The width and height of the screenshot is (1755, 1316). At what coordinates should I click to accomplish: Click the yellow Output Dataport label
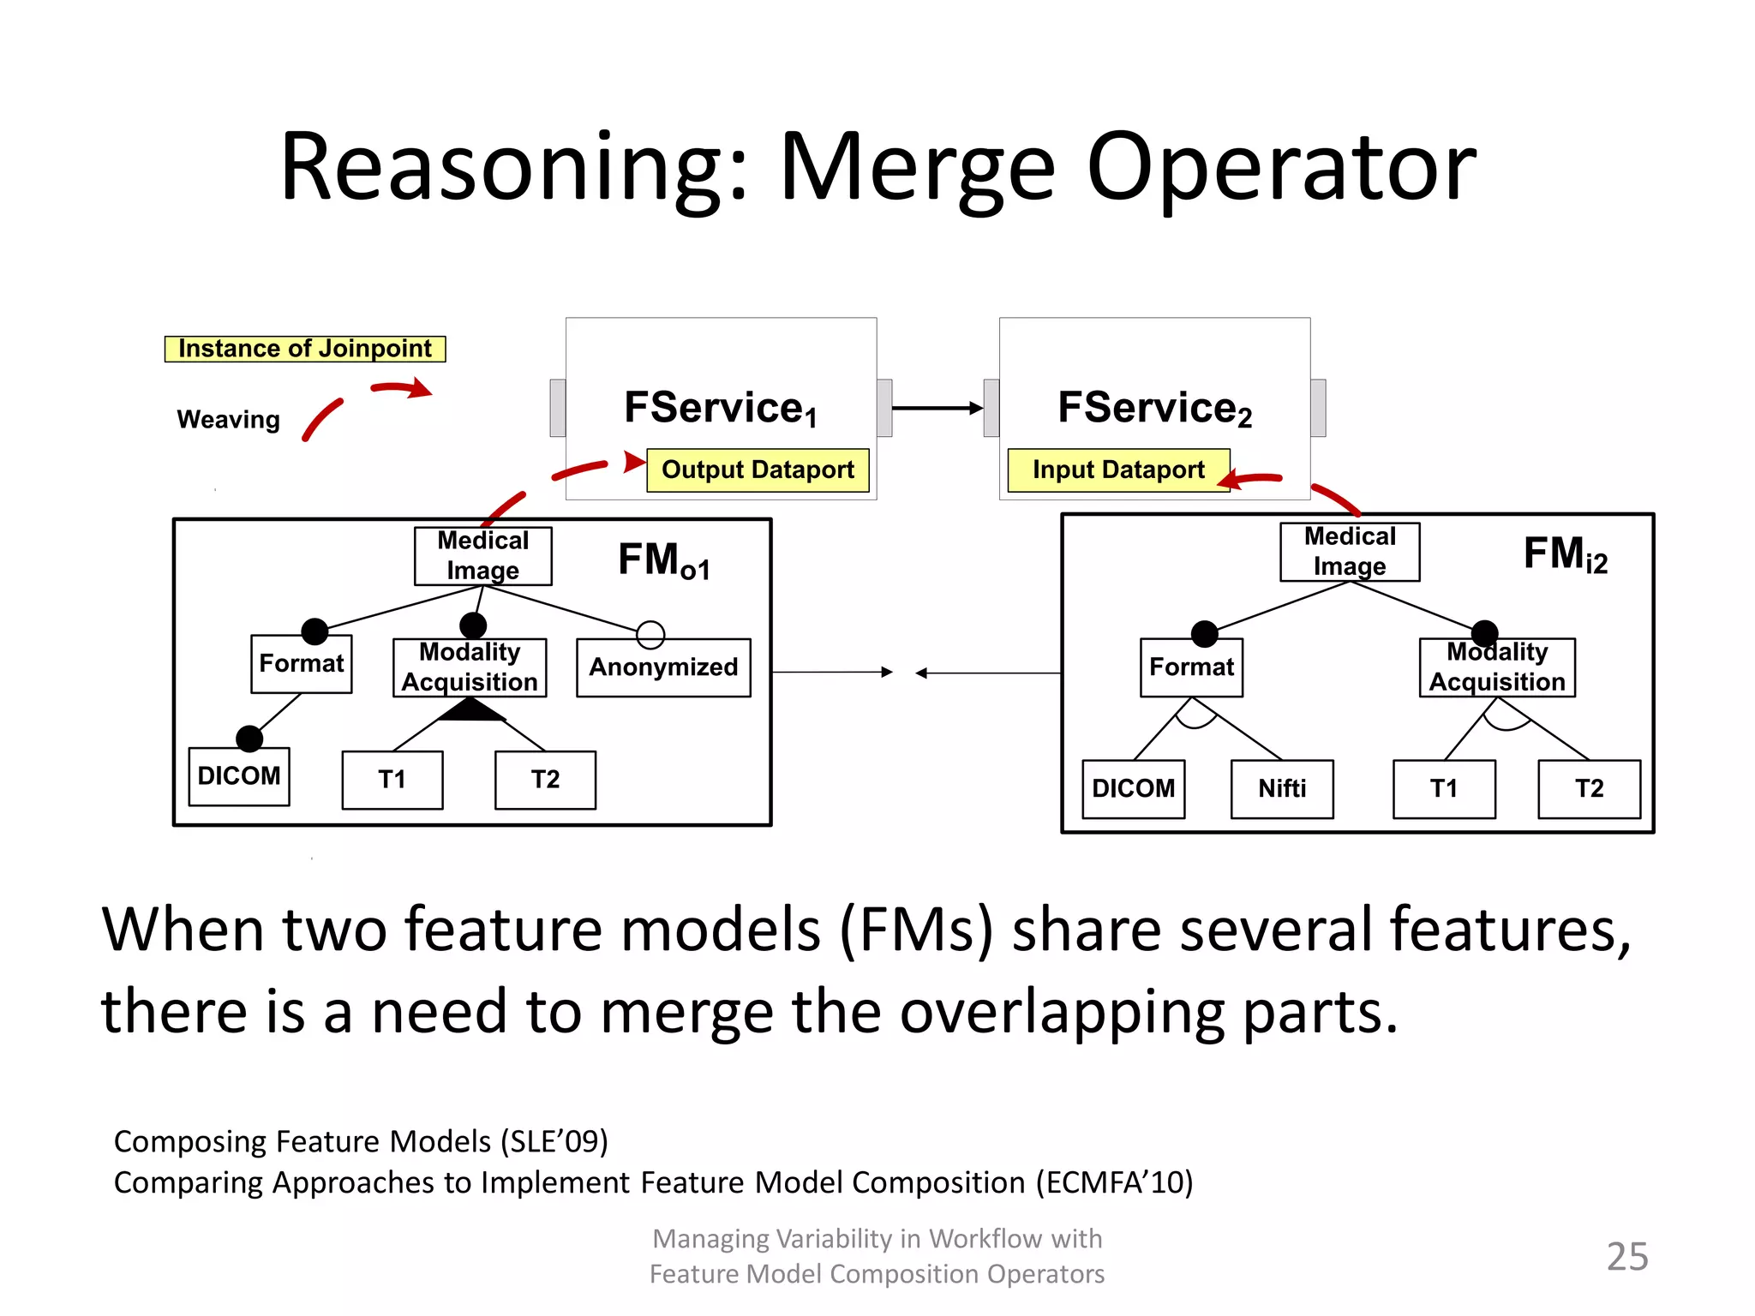(758, 470)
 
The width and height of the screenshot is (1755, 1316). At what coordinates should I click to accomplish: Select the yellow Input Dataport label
(1118, 470)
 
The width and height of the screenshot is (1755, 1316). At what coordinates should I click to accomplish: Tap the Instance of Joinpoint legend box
(305, 349)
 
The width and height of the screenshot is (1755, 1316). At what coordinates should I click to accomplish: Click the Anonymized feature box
(663, 667)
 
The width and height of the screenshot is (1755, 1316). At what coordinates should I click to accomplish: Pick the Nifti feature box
(1282, 789)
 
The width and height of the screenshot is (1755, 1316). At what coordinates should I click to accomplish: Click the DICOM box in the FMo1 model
(239, 776)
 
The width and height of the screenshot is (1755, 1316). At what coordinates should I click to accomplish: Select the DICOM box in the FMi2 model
(1133, 789)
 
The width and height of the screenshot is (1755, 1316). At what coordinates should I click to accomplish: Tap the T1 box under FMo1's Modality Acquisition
(392, 780)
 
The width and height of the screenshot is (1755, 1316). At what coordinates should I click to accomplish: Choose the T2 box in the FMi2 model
(1589, 789)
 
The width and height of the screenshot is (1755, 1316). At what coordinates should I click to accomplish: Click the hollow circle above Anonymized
(650, 635)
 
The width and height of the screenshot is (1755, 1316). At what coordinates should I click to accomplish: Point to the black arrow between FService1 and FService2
(937, 408)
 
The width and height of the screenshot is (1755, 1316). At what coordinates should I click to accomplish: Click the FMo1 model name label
(664, 561)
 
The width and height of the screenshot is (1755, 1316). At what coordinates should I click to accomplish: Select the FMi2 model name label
(1565, 554)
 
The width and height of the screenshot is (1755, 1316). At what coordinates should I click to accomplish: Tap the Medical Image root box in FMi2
(1350, 552)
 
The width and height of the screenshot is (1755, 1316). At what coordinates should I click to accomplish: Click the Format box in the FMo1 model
(301, 664)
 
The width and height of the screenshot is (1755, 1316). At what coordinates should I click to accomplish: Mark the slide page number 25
(1626, 1256)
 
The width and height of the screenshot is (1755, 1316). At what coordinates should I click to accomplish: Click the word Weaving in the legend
(228, 420)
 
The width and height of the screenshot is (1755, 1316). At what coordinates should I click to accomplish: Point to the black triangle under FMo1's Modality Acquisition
(470, 710)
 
